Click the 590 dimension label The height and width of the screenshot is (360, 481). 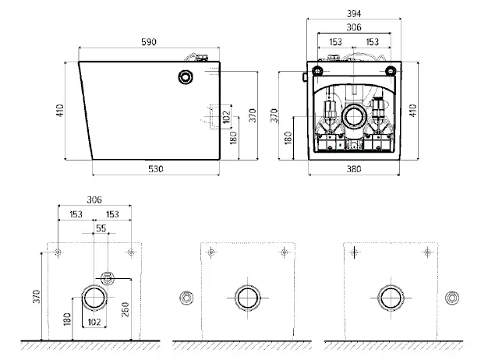(149, 42)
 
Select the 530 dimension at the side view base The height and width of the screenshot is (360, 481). (156, 169)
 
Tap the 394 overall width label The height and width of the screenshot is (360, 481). (354, 14)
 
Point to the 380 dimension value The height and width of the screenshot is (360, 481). (354, 169)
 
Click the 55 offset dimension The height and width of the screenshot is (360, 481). (101, 228)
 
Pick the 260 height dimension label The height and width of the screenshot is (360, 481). (126, 309)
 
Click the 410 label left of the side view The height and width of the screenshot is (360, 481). (60, 111)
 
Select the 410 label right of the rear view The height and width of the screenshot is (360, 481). (413, 111)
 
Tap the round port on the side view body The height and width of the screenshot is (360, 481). (186, 77)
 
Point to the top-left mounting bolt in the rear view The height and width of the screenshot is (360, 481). (317, 71)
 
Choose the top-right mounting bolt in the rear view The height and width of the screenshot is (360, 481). (391, 71)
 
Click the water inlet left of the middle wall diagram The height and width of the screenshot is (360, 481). (186, 298)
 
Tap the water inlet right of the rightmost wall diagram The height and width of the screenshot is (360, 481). (452, 298)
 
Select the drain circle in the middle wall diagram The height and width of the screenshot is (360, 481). (248, 298)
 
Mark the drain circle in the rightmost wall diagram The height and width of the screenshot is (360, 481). (391, 298)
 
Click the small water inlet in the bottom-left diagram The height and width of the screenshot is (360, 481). (108, 278)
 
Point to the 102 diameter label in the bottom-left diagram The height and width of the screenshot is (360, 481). (94, 322)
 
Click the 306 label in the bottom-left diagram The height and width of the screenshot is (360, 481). (94, 200)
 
